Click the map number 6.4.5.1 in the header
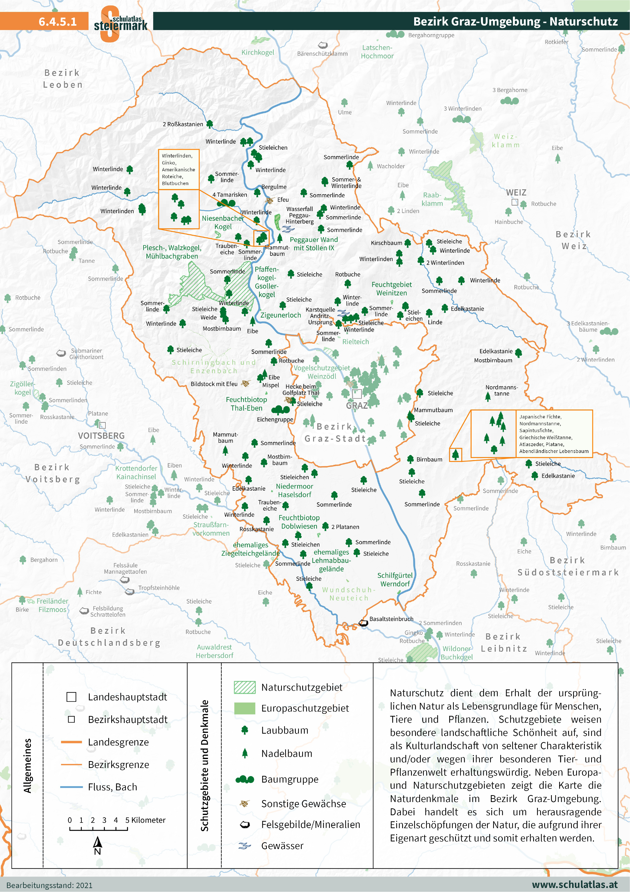[57, 21]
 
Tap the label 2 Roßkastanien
[183, 124]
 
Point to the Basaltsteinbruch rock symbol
[363, 623]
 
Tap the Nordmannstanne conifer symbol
[488, 397]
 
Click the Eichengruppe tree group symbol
[280, 410]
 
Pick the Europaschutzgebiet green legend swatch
[245, 708]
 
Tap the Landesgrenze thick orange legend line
[71, 742]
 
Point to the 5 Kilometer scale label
[145, 820]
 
